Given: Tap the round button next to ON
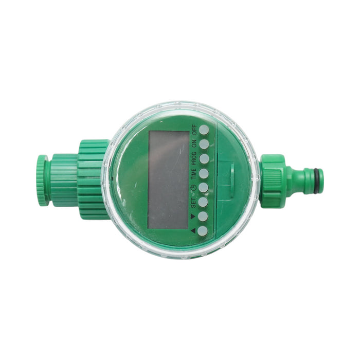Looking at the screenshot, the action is click(204, 144).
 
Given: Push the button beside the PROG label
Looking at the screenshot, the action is click(204, 158).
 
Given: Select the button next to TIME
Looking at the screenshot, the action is click(204, 173).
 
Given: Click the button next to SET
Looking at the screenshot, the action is click(204, 202).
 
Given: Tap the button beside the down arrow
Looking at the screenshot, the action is click(203, 217).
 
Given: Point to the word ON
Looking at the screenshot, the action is click(194, 144).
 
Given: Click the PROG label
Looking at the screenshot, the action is click(194, 158).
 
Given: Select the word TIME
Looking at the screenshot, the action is click(194, 174).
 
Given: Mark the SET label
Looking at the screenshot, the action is click(193, 203).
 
